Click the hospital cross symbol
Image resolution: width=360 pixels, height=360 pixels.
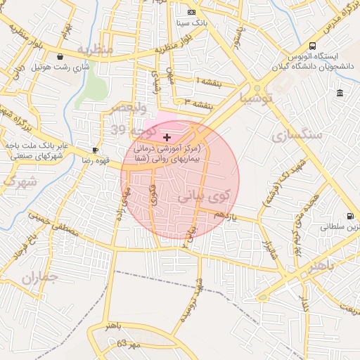pyautogui.click(x=167, y=136)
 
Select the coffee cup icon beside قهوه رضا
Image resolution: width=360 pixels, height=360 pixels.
pyautogui.click(x=95, y=150)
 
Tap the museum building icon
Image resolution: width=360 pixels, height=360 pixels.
pyautogui.click(x=340, y=94)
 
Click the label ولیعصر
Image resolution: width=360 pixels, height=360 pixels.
pyautogui.click(x=127, y=108)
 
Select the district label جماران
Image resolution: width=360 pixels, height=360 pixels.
pyautogui.click(x=37, y=278)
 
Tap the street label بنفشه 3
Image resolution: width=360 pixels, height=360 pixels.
pyautogui.click(x=199, y=103)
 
